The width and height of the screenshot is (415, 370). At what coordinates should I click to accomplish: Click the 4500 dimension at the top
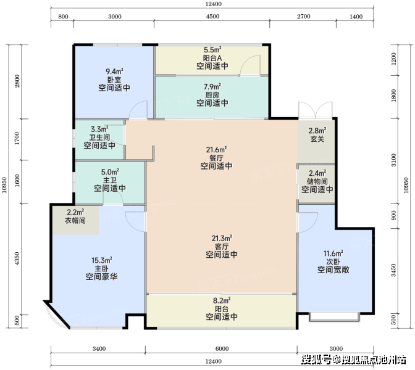[x=212, y=17]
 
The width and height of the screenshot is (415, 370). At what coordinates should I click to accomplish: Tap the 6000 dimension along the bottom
[x=222, y=348]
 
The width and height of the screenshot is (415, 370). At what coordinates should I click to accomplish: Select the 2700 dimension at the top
[x=303, y=17]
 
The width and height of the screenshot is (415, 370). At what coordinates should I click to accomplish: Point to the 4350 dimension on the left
[x=17, y=259]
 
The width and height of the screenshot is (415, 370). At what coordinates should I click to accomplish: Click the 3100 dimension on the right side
[x=394, y=160]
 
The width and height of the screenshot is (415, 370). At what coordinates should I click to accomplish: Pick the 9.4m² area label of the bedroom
[x=114, y=72]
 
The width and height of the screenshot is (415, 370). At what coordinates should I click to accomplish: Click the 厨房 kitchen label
[x=212, y=95]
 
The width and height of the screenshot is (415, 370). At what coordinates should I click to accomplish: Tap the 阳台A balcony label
[x=212, y=58]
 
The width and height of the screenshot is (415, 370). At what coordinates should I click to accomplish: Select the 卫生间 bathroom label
[x=99, y=138]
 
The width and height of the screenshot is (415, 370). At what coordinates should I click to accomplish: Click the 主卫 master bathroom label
[x=110, y=180]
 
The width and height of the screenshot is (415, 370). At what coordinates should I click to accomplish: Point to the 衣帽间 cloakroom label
[x=75, y=220]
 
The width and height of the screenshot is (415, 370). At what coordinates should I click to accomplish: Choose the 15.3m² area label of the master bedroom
[x=102, y=260]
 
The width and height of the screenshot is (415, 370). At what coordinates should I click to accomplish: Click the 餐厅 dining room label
[x=216, y=158]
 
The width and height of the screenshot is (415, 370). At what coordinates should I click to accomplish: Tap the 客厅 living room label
[x=222, y=247]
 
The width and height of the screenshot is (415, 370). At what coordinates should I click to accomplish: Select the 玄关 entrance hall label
[x=317, y=139]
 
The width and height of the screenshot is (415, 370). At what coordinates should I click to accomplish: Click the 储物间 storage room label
[x=317, y=181]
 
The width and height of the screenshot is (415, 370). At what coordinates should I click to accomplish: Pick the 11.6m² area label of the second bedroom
[x=333, y=253]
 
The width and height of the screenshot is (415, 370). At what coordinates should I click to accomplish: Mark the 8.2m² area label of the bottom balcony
[x=222, y=300]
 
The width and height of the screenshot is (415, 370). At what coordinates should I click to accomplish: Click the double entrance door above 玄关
[x=315, y=110]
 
